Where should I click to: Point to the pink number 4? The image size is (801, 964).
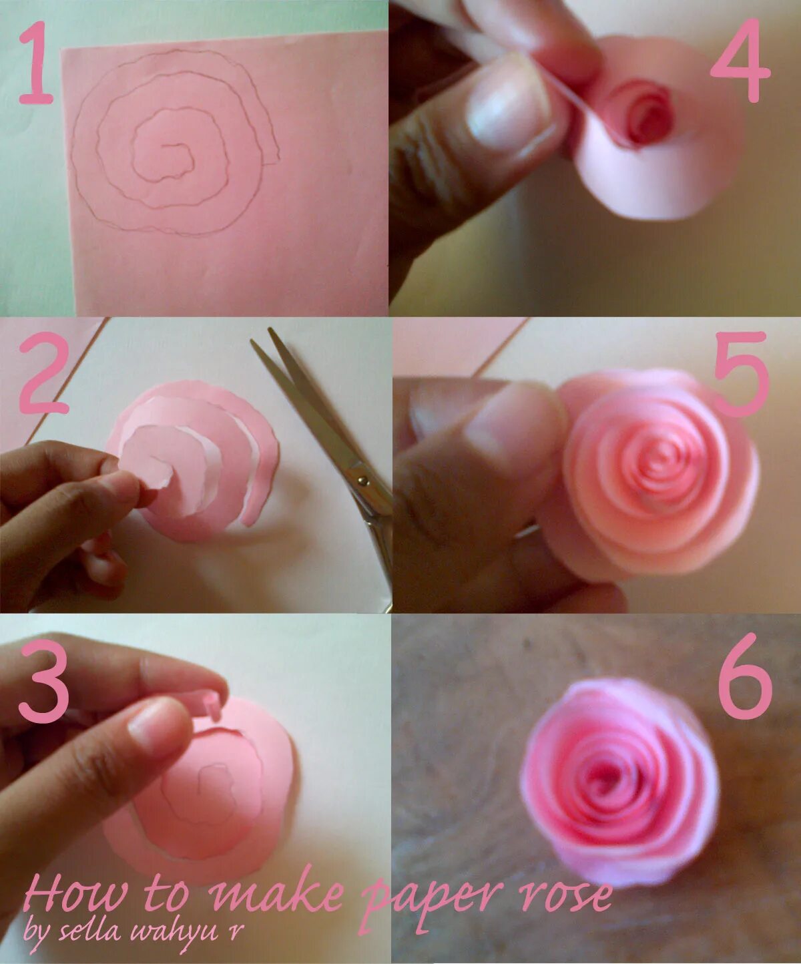pyautogui.click(x=740, y=60)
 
